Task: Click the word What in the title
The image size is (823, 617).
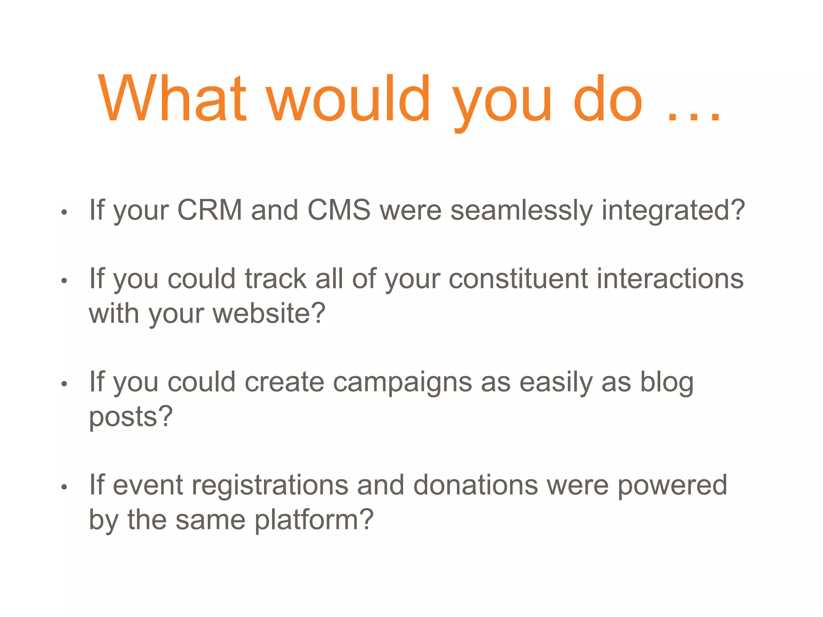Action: tap(172, 98)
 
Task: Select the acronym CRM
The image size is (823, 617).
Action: tap(209, 210)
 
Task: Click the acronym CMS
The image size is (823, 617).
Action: tap(339, 210)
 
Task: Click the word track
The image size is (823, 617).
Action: tap(276, 279)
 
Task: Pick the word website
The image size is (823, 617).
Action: tap(263, 313)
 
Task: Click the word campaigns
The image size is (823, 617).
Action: tap(402, 382)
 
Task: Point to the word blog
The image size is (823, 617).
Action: tap(667, 382)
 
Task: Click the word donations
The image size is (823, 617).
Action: tap(475, 485)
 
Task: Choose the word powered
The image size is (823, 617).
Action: tap(672, 485)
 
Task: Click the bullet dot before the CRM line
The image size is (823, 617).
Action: tap(64, 212)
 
